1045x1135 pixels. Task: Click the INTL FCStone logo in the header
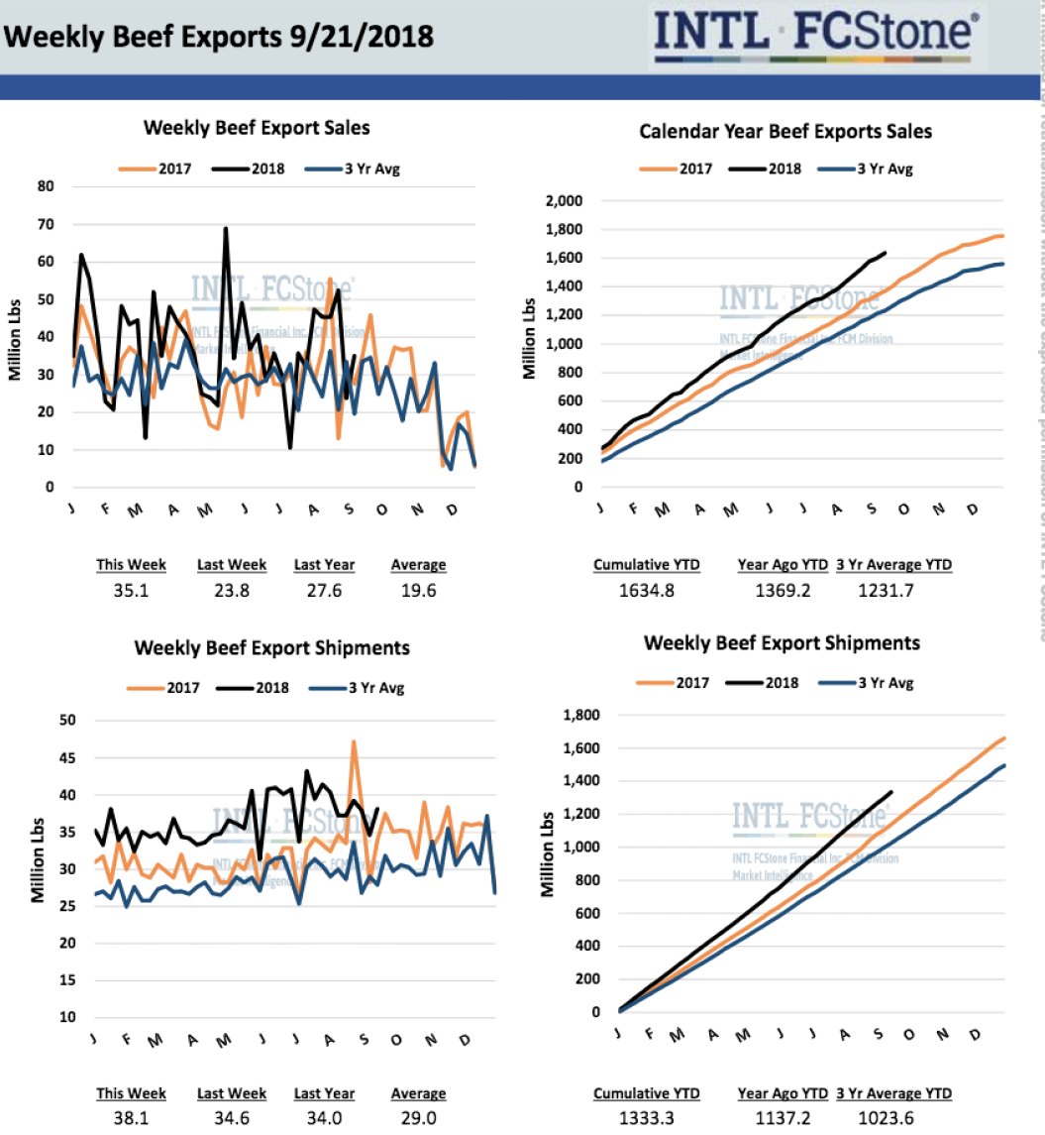tap(818, 37)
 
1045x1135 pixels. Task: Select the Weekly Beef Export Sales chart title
tap(257, 128)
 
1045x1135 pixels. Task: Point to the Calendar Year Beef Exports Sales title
tap(784, 131)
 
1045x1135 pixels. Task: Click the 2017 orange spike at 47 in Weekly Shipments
tap(354, 741)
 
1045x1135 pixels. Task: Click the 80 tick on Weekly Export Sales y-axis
tap(46, 185)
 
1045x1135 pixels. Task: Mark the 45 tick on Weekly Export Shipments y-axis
tap(66, 758)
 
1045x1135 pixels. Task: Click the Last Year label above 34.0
tap(324, 1094)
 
